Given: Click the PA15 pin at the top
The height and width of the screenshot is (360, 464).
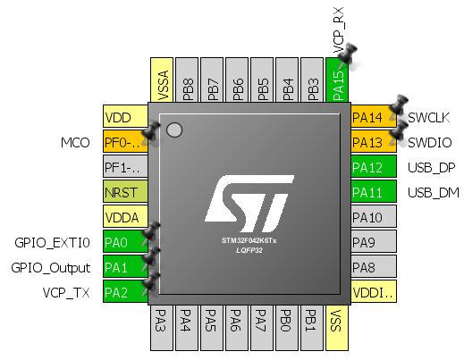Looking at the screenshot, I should [339, 79].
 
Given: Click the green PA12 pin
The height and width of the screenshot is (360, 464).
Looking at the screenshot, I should [373, 167].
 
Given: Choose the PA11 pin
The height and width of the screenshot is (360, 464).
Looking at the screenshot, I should [373, 192].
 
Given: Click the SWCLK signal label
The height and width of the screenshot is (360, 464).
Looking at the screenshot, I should [430, 118].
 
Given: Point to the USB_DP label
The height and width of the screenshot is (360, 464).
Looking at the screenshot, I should [430, 167].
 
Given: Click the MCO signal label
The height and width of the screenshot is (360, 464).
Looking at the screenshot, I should [76, 142].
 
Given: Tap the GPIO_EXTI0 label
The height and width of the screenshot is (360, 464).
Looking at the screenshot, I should [52, 242].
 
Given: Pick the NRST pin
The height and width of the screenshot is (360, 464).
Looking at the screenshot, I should [124, 192].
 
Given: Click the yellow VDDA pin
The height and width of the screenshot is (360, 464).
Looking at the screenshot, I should [124, 217].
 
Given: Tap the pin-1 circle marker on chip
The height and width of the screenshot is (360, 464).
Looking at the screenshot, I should [174, 130].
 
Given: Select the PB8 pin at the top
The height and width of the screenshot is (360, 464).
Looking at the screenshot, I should [189, 79].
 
